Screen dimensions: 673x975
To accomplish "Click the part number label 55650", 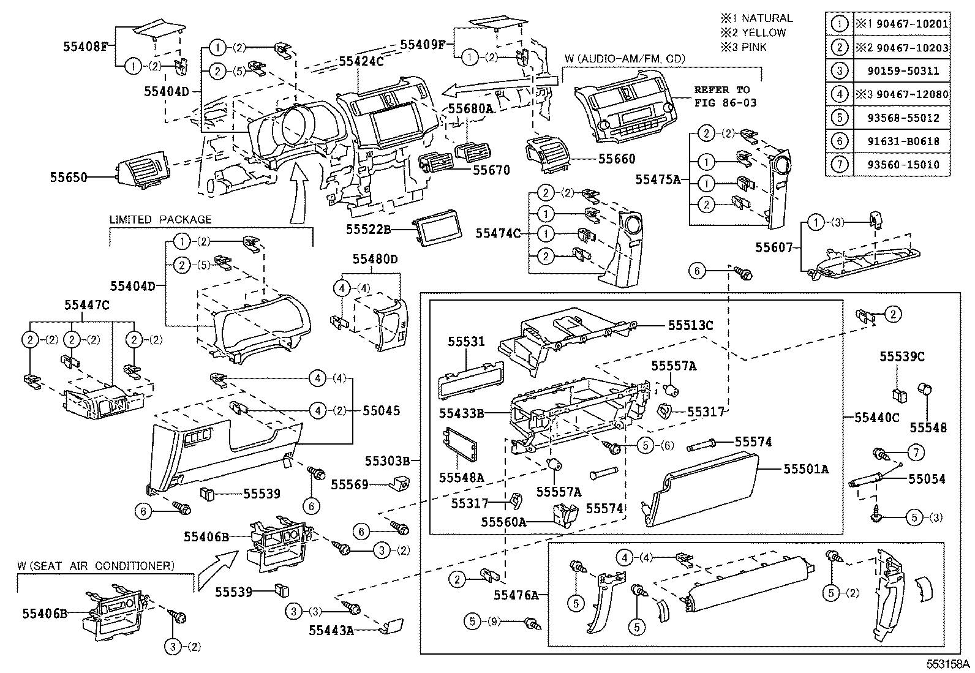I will (x=69, y=178).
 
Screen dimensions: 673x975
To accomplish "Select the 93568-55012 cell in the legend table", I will (x=903, y=118).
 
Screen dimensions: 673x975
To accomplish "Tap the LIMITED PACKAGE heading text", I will (x=160, y=219).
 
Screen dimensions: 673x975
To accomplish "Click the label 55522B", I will (x=368, y=229).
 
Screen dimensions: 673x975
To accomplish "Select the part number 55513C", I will (x=690, y=326).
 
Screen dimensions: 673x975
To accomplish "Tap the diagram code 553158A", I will (x=947, y=664).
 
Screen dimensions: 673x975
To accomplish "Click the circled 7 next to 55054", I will (x=915, y=453).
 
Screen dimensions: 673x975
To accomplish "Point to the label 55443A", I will (x=331, y=630).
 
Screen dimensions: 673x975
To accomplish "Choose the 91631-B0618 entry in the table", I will (x=903, y=141).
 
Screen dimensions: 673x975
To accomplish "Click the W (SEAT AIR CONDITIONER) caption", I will (x=97, y=566).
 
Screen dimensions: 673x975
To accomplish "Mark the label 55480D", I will (x=375, y=260).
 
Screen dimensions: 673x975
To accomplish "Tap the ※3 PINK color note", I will (x=743, y=47).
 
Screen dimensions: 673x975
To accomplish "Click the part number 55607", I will (x=774, y=247).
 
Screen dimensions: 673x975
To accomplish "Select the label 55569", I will (x=350, y=485).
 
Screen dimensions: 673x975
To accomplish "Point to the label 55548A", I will (x=461, y=476).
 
